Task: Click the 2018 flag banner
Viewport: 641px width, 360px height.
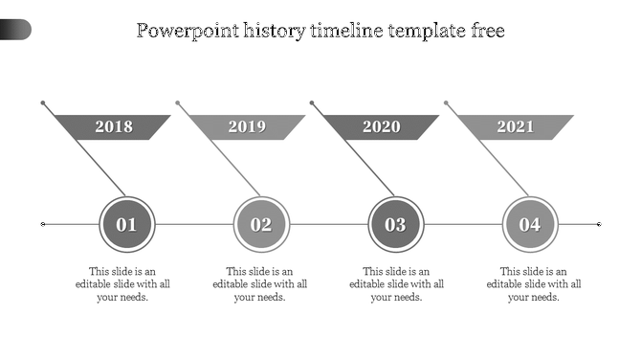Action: tap(114, 127)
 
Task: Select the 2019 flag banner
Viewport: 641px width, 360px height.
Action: tap(248, 127)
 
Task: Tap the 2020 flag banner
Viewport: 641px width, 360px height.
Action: tap(382, 127)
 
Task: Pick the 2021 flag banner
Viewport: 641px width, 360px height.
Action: tap(516, 127)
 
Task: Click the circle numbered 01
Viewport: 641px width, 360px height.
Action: tap(127, 225)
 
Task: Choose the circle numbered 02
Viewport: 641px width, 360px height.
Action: tap(261, 225)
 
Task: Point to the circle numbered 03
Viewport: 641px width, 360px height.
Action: tap(396, 225)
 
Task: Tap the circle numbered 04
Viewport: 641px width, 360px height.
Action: tap(530, 225)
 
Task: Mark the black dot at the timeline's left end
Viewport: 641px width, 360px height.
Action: tap(43, 224)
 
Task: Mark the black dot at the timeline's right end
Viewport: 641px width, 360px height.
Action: tap(599, 224)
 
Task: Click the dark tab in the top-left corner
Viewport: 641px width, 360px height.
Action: tap(15, 30)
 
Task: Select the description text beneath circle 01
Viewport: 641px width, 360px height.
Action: tap(123, 284)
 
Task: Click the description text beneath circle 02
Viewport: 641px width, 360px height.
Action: tap(260, 284)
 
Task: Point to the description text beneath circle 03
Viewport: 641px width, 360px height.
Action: tap(397, 284)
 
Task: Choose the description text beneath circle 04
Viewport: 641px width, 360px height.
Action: tap(534, 284)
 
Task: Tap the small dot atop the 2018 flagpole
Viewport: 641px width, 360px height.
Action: tap(43, 101)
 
